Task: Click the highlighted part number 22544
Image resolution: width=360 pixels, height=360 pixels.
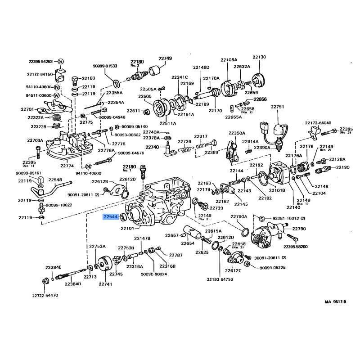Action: pos(110,217)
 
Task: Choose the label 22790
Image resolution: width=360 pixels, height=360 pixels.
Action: pos(299,229)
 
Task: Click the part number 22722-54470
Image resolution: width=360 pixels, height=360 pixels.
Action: pos(45,296)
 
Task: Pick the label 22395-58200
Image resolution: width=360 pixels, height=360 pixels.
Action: pos(296,247)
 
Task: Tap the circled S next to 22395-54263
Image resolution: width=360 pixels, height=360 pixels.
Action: pos(61,61)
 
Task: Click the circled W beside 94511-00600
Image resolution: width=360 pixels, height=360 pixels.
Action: pos(57,95)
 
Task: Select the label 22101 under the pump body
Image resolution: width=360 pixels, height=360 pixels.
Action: pos(127,228)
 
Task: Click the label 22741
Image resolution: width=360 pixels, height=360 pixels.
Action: pos(105,284)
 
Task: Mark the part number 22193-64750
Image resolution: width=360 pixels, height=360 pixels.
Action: pos(220,279)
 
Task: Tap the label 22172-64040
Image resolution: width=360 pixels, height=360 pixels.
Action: pos(318,122)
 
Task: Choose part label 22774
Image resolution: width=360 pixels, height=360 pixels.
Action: pos(67,166)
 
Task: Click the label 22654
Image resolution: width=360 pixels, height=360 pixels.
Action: pos(188,243)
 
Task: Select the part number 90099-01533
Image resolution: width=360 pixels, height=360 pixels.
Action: pos(105,66)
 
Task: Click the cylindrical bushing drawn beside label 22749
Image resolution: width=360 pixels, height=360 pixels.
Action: pos(156,71)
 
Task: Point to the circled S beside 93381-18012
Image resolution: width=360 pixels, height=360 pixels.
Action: pos(261,218)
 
